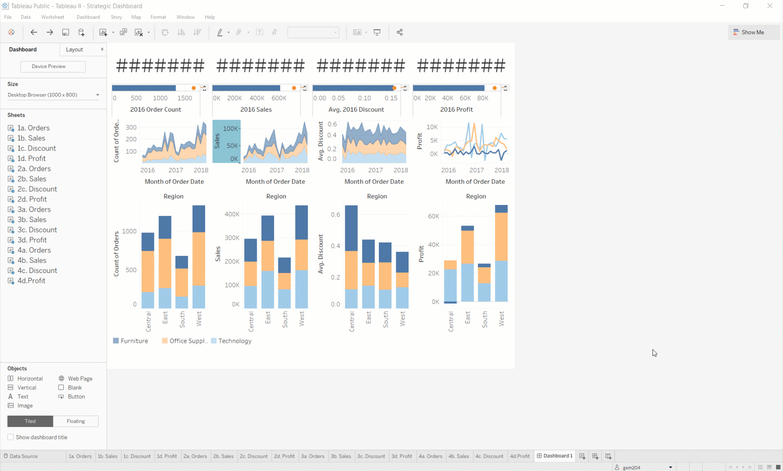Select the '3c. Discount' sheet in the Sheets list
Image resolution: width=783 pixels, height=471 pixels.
pos(37,230)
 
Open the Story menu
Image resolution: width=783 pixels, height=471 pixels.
pos(116,17)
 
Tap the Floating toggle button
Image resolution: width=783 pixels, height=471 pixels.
pos(76,421)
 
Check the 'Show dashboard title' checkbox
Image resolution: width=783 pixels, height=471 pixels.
pos(10,437)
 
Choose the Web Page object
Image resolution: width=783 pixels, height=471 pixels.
pos(80,379)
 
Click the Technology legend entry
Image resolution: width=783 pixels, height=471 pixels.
pos(234,341)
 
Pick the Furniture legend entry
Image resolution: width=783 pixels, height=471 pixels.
pos(134,341)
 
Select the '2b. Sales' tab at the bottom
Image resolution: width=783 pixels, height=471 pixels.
pos(223,456)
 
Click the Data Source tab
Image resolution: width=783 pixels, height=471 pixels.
pos(24,456)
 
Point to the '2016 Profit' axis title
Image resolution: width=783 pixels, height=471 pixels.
pos(456,109)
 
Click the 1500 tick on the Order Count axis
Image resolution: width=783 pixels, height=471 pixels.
pos(185,98)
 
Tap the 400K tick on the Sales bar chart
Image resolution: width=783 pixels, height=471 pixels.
pos(232,214)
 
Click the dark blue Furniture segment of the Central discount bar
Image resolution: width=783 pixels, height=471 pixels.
pos(351,228)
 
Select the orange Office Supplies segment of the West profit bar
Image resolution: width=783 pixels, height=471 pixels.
pos(501,236)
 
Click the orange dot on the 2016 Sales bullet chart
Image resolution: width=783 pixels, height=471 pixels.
pos(294,88)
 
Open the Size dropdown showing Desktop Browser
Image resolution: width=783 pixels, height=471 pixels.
pos(53,95)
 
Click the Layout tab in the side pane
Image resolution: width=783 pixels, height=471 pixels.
pos(83,49)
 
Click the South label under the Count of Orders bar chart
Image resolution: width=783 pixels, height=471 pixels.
pos(182,320)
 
